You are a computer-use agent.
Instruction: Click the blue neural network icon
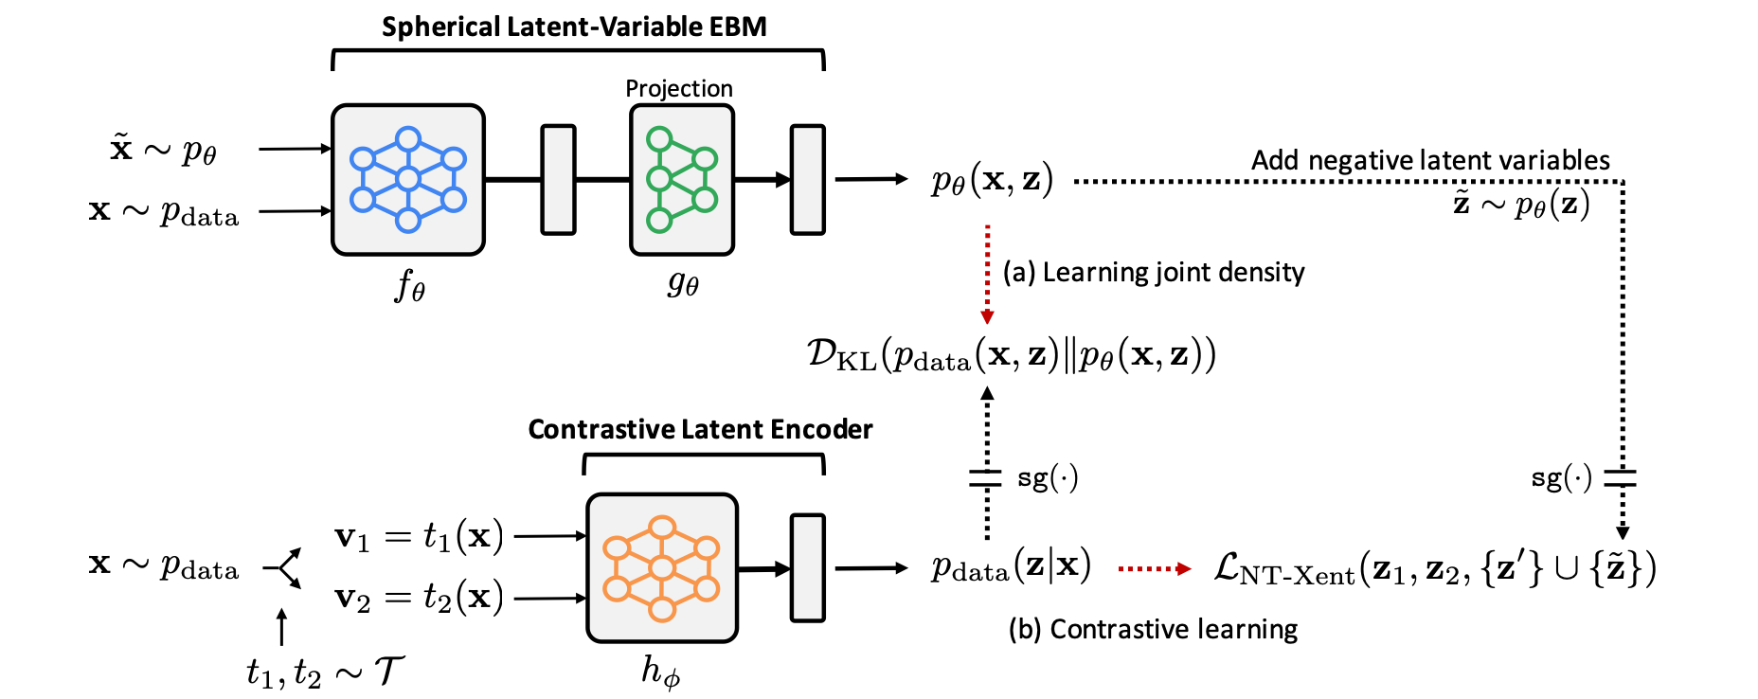pos(408,180)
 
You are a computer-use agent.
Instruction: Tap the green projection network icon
pos(682,180)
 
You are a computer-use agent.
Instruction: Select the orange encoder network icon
pos(662,568)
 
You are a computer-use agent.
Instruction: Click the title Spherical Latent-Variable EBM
pos(574,27)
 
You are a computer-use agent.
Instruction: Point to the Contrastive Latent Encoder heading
pos(700,429)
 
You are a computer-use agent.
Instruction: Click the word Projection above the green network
pos(679,88)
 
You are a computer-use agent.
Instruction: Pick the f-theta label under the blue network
pos(410,284)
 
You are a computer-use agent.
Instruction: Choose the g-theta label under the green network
pos(682,282)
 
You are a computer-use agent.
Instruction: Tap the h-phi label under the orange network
pos(660,672)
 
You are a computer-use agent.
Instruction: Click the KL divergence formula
pos(1011,354)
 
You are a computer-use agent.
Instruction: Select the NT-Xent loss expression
pos(1434,568)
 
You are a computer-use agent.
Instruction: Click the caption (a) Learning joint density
pos(1154,273)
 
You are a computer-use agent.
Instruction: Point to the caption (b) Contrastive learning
pos(1153,629)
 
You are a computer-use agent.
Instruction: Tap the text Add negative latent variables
pos(1430,160)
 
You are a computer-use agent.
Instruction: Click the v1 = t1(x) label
pos(419,537)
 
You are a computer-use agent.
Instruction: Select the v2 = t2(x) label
pos(419,598)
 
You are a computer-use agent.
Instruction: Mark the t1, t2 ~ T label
pos(326,672)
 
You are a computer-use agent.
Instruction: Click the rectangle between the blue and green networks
pos(558,179)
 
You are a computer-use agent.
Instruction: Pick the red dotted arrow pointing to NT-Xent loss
pos(1155,568)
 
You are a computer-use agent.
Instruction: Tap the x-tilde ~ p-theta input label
pos(164,150)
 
